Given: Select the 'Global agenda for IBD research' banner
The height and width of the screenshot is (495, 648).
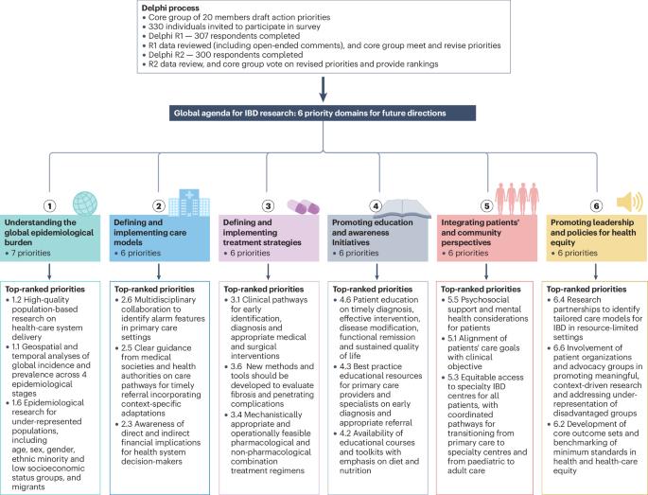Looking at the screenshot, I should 323,113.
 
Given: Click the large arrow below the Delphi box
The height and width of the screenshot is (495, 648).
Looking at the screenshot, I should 324,87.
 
